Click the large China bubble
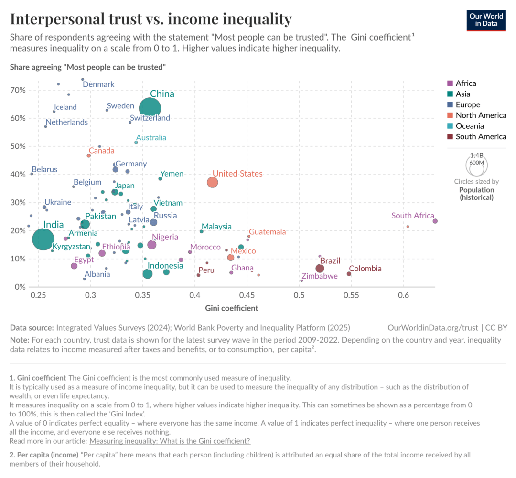click(150, 108)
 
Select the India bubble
click(43, 239)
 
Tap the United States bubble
click(213, 182)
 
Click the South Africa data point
click(435, 221)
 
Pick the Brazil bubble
click(320, 269)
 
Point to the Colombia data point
click(349, 274)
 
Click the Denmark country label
click(98, 84)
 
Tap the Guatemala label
click(267, 232)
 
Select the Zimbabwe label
click(320, 276)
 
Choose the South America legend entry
click(477, 136)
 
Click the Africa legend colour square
click(450, 83)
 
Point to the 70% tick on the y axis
click(18, 90)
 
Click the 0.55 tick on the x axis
click(351, 295)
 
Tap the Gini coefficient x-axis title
click(232, 308)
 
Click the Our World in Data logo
click(486, 21)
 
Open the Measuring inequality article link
click(170, 441)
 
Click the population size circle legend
click(476, 165)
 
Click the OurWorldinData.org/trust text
click(433, 328)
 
